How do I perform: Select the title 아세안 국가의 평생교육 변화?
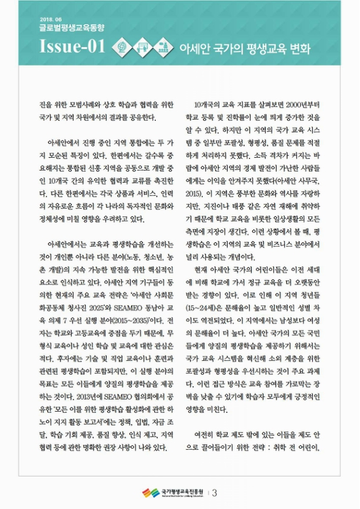[x=246, y=47]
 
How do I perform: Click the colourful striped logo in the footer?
[x=151, y=493]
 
